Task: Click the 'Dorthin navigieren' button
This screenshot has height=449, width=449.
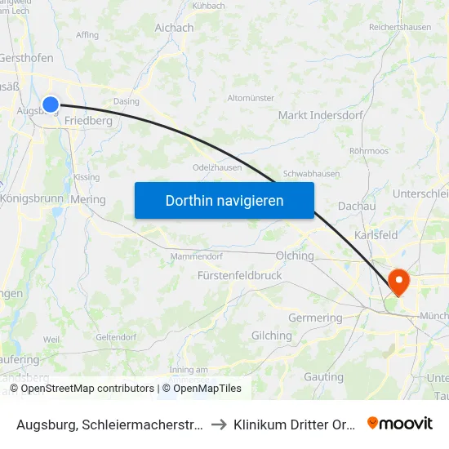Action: click(x=224, y=200)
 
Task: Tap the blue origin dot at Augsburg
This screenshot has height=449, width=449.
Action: click(x=51, y=104)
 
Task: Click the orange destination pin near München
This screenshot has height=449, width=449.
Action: click(x=399, y=282)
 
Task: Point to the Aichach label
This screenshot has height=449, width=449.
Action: click(x=175, y=27)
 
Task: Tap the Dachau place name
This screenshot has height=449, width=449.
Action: click(x=356, y=207)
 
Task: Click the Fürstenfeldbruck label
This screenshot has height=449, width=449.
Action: click(x=240, y=275)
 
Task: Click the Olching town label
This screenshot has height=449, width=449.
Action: click(x=295, y=256)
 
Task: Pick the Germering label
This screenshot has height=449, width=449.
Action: click(x=316, y=318)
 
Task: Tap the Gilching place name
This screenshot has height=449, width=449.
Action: click(x=272, y=336)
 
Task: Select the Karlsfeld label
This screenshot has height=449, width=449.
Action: click(x=377, y=235)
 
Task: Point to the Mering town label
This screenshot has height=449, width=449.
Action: click(x=88, y=199)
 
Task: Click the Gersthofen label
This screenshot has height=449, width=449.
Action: click(x=26, y=58)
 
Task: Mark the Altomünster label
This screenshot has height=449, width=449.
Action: click(x=251, y=98)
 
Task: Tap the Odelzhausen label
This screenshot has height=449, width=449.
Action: click(x=216, y=167)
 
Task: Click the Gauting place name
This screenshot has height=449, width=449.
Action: click(x=323, y=377)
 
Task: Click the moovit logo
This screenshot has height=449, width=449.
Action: click(x=400, y=424)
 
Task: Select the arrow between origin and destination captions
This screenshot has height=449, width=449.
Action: click(x=219, y=425)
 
